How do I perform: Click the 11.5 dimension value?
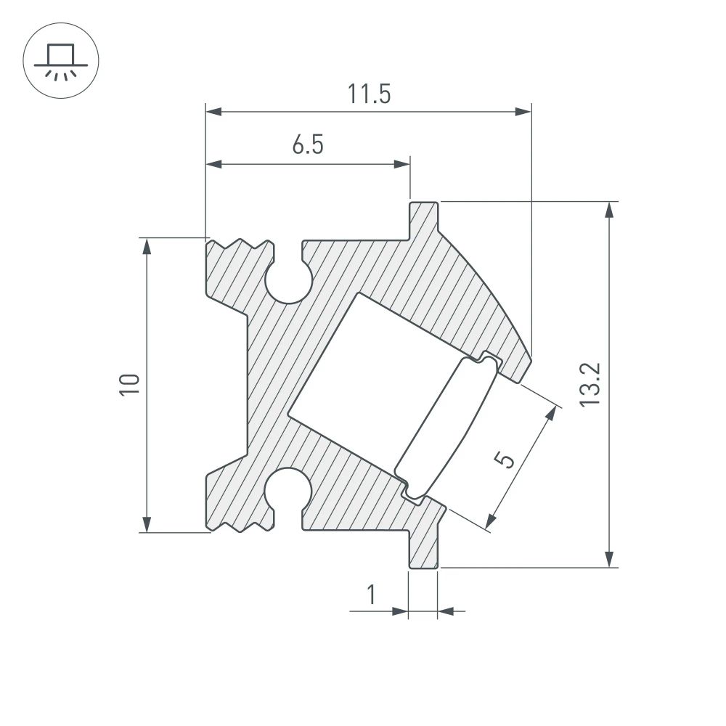[x=369, y=94]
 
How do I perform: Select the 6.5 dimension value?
[x=308, y=146]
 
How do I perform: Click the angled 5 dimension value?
[x=505, y=460]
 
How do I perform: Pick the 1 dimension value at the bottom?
[x=371, y=595]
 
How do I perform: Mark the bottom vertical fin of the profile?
[x=424, y=548]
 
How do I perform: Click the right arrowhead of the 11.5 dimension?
[x=523, y=112]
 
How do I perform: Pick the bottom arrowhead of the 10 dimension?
[x=147, y=523]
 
